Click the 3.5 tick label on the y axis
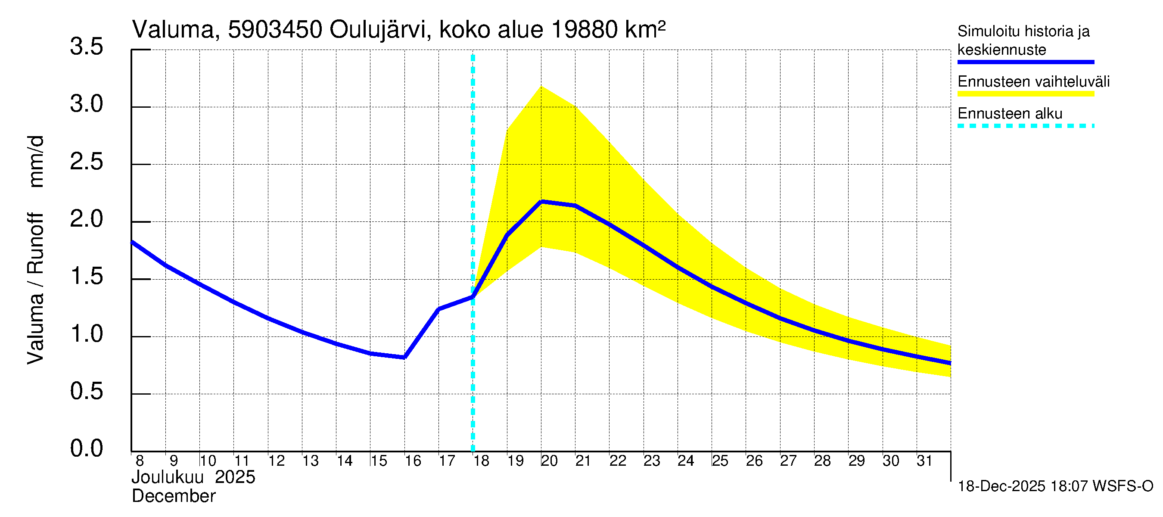pos(86,47)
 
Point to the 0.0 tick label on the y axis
pos(86,449)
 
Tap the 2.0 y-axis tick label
pos(86,219)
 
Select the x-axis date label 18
pos(481,461)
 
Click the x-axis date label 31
pos(924,461)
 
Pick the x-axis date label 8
pos(140,461)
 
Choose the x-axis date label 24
pos(685,461)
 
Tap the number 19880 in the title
pos(584,30)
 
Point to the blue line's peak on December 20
pos(541,201)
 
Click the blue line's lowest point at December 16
pos(404,357)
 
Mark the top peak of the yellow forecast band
pos(541,86)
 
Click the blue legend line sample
pos(1025,62)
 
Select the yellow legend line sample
pos(1025,94)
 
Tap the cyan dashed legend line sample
pos(1025,126)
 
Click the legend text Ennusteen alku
pos(1010,113)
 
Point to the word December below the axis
pos(173,496)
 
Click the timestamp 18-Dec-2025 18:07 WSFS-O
pos(1055,486)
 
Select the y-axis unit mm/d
pos(36,161)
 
